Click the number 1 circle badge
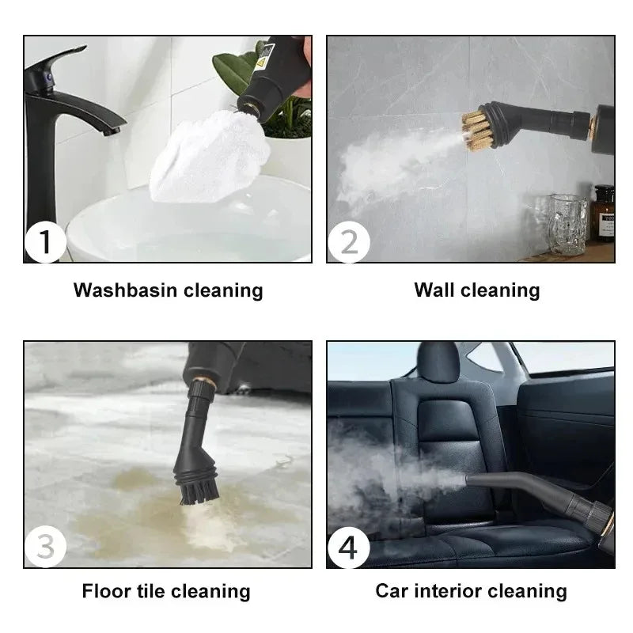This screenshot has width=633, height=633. pyautogui.click(x=45, y=241)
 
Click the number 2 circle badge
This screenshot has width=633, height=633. pyautogui.click(x=348, y=241)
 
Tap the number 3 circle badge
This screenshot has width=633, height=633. pyautogui.click(x=45, y=547)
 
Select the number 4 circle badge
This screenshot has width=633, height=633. pyautogui.click(x=348, y=547)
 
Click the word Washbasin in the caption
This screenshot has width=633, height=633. pyautogui.click(x=126, y=290)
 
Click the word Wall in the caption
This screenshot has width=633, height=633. pyautogui.click(x=434, y=290)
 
